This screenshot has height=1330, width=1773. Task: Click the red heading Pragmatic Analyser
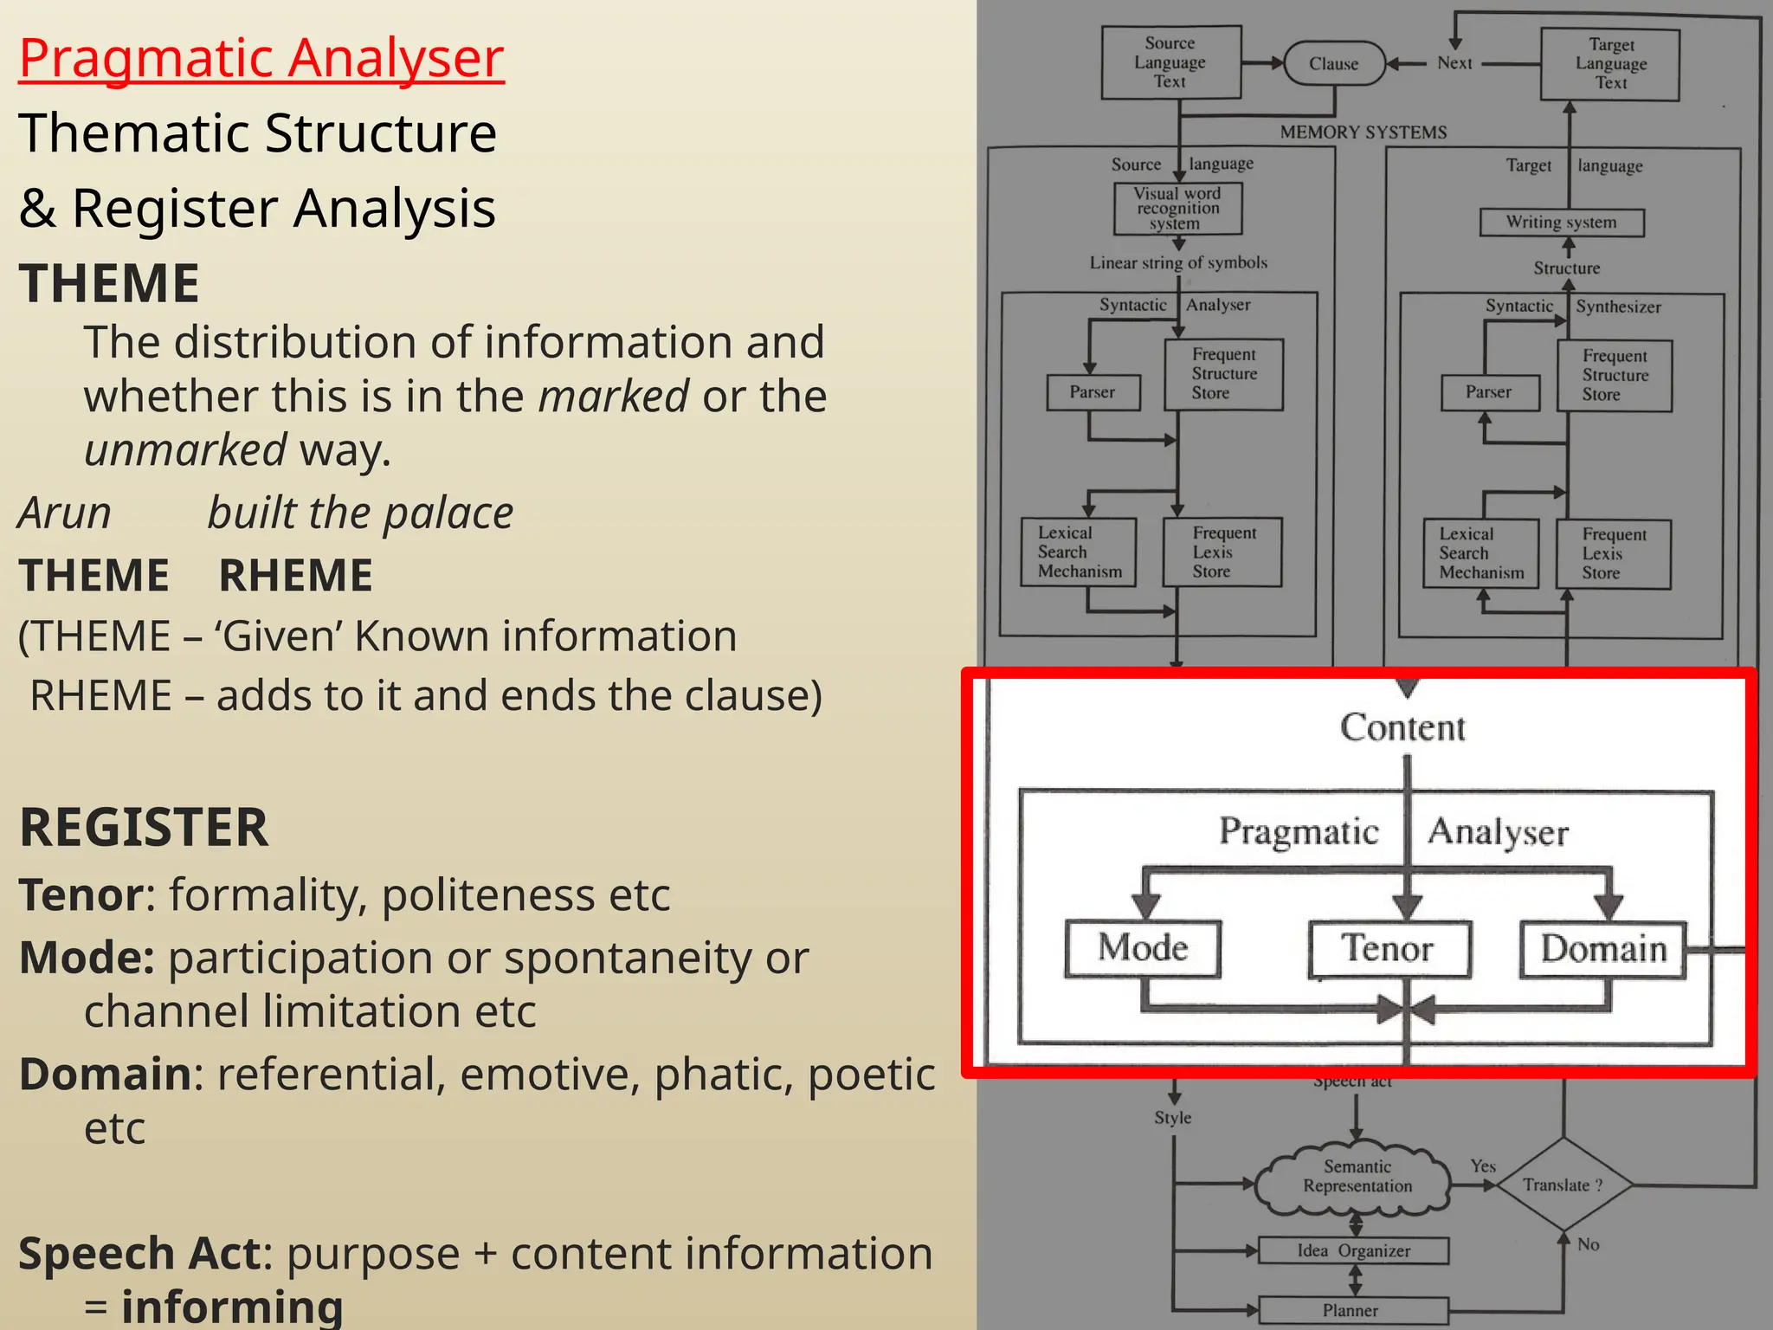pyautogui.click(x=261, y=59)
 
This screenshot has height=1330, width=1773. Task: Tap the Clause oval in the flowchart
pyautogui.click(x=1334, y=64)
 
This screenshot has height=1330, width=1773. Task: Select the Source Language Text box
pyautogui.click(x=1170, y=62)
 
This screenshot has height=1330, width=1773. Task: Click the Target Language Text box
pyautogui.click(x=1610, y=64)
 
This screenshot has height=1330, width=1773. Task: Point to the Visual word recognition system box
pyautogui.click(x=1177, y=209)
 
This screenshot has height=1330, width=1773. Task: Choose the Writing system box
pyautogui.click(x=1561, y=223)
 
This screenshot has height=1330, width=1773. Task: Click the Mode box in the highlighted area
pyautogui.click(x=1143, y=948)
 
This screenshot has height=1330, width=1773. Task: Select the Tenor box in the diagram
pyautogui.click(x=1389, y=949)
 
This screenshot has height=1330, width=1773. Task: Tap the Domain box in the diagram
pyautogui.click(x=1603, y=950)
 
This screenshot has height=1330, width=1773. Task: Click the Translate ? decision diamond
pyautogui.click(x=1563, y=1185)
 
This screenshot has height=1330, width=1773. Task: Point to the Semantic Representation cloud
pyautogui.click(x=1357, y=1177)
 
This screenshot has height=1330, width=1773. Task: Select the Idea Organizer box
pyautogui.click(x=1353, y=1250)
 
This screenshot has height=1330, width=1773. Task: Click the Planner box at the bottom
pyautogui.click(x=1352, y=1310)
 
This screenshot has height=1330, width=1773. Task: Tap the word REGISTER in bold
pyautogui.click(x=144, y=828)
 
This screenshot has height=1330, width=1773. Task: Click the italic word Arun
pyautogui.click(x=65, y=513)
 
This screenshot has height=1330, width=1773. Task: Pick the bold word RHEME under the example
pyautogui.click(x=296, y=576)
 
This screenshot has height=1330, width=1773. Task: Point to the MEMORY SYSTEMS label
pyautogui.click(x=1364, y=132)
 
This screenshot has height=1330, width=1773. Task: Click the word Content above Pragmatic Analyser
pyautogui.click(x=1402, y=727)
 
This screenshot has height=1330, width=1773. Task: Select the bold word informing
pyautogui.click(x=232, y=1306)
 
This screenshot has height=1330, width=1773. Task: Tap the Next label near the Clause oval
pyautogui.click(x=1454, y=63)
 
